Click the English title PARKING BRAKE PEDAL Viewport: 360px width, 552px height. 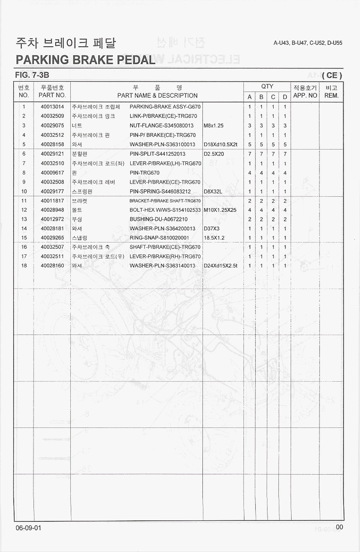[x=85, y=60]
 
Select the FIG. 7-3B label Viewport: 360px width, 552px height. [x=32, y=75]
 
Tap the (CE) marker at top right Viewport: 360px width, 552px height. [x=332, y=75]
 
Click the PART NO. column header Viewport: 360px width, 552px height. [x=52, y=95]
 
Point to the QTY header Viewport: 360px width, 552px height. [x=267, y=86]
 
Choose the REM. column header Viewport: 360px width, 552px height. [x=332, y=95]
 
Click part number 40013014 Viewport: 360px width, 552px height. [x=52, y=107]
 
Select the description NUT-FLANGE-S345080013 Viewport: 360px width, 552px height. [x=161, y=125]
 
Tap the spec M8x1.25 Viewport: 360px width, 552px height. [x=214, y=125]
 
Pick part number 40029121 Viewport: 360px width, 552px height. [x=52, y=154]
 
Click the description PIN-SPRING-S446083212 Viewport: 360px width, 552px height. [x=160, y=192]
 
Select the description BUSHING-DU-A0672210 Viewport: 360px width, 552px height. [x=158, y=219]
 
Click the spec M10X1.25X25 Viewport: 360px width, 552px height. [x=220, y=210]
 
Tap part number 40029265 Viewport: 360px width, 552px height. [x=52, y=238]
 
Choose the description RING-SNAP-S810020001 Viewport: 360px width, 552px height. [x=159, y=238]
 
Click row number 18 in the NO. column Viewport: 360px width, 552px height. [x=24, y=266]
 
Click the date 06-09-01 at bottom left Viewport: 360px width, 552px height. [x=28, y=527]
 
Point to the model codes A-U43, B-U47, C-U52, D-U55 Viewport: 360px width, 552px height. [x=308, y=43]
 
